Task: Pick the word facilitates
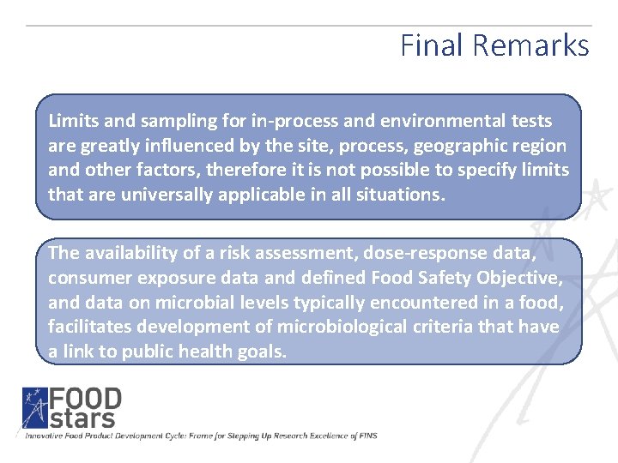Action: tap(88, 327)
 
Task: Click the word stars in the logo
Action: tap(82, 418)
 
